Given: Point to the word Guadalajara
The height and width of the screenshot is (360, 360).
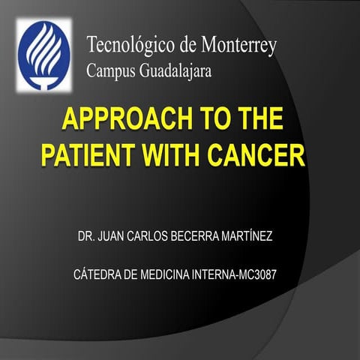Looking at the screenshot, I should pos(176,72).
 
